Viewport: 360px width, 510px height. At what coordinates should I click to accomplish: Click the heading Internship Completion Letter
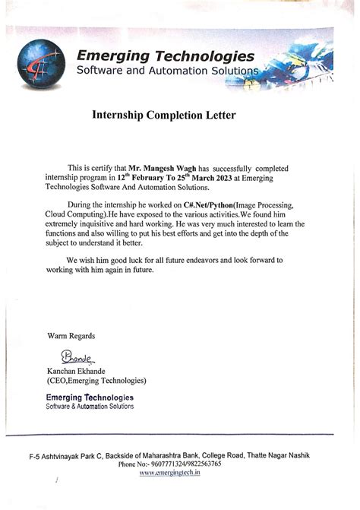pyautogui.click(x=165, y=116)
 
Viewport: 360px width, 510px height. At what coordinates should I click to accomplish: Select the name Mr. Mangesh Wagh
pyautogui.click(x=161, y=166)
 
